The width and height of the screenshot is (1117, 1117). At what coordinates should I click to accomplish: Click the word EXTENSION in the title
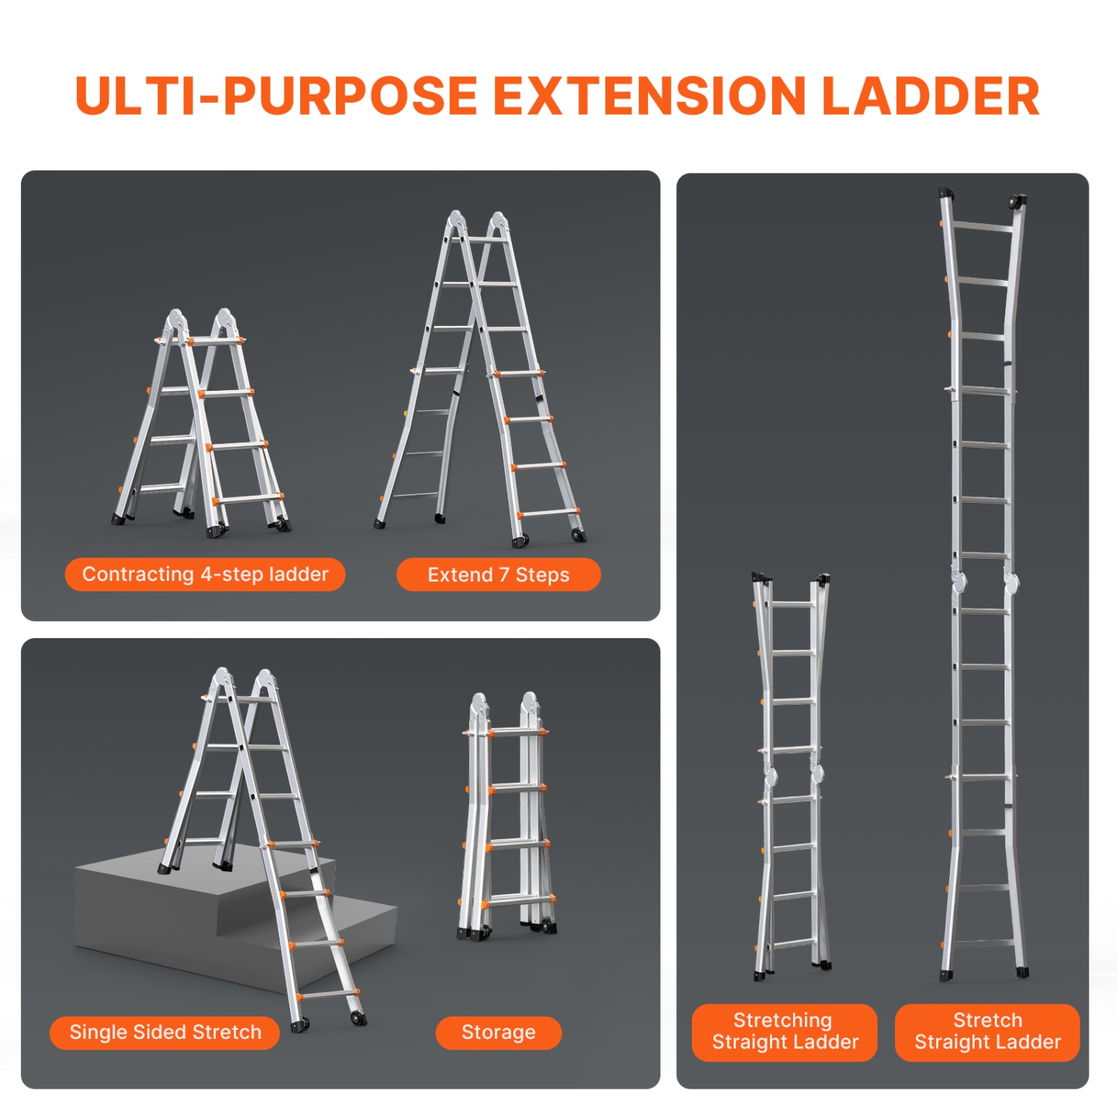(649, 97)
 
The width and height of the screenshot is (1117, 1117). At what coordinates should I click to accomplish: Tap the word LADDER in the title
(930, 97)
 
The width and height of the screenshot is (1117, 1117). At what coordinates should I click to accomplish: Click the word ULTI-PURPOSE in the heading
(276, 97)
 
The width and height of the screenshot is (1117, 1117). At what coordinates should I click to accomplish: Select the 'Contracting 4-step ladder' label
(205, 574)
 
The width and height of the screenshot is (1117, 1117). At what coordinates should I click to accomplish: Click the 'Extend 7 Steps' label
(498, 574)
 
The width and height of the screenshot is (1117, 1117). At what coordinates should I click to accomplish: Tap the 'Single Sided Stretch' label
(165, 1032)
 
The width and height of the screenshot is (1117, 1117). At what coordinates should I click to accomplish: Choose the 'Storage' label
(498, 1032)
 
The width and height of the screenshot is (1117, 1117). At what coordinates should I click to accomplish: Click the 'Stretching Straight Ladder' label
(784, 1031)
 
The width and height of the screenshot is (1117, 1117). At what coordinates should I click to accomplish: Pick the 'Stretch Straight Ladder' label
(987, 1031)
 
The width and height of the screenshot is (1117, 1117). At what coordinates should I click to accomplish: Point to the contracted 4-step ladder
(201, 424)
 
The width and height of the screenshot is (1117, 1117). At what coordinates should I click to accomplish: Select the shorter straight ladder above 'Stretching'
(792, 774)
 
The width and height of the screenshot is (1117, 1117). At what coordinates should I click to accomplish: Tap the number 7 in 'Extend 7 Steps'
(504, 574)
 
